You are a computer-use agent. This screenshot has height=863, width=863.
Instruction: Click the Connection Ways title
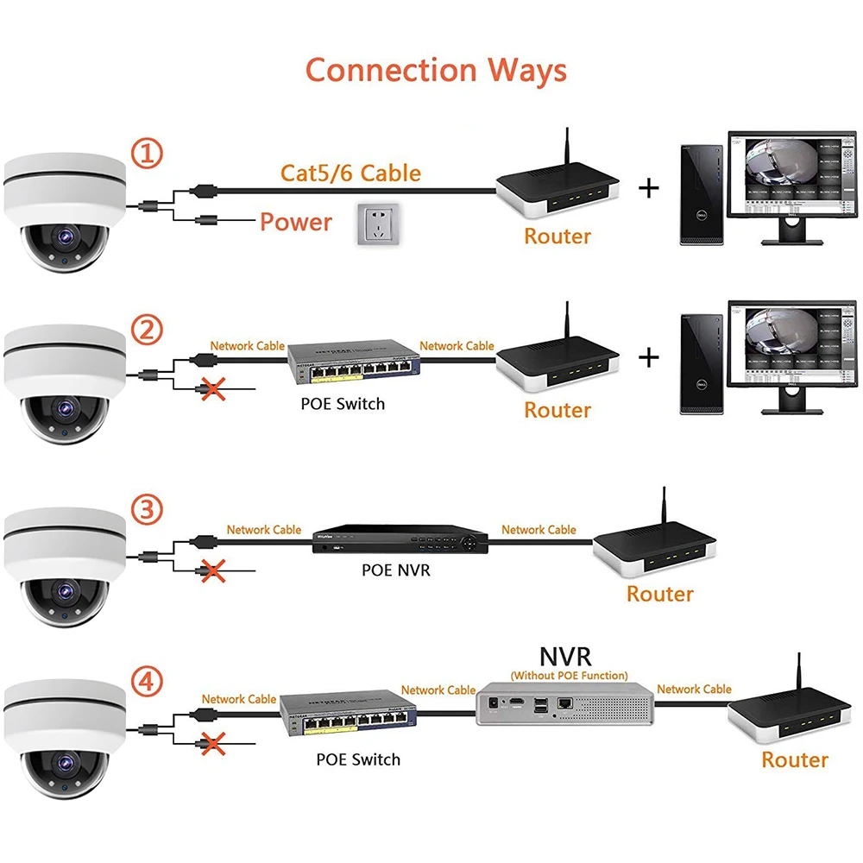click(x=436, y=70)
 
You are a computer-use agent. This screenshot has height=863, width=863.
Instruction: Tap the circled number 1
click(x=147, y=154)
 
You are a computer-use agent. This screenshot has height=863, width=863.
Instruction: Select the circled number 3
click(x=147, y=509)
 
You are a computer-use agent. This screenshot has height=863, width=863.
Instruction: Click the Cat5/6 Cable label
click(x=350, y=173)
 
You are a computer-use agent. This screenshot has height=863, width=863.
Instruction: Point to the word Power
click(x=296, y=223)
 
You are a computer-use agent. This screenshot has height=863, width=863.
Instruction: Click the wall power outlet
click(x=377, y=224)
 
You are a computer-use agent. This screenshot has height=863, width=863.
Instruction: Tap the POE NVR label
click(x=395, y=570)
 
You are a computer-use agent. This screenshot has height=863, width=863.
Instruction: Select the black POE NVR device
click(x=400, y=541)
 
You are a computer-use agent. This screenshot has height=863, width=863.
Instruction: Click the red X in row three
click(x=208, y=570)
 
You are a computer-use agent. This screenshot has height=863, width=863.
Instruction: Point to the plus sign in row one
click(x=648, y=187)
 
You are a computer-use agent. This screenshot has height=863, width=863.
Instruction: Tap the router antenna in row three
click(x=665, y=509)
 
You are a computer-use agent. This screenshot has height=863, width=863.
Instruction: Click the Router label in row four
click(x=794, y=759)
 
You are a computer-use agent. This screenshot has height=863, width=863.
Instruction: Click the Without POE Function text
click(x=569, y=675)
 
